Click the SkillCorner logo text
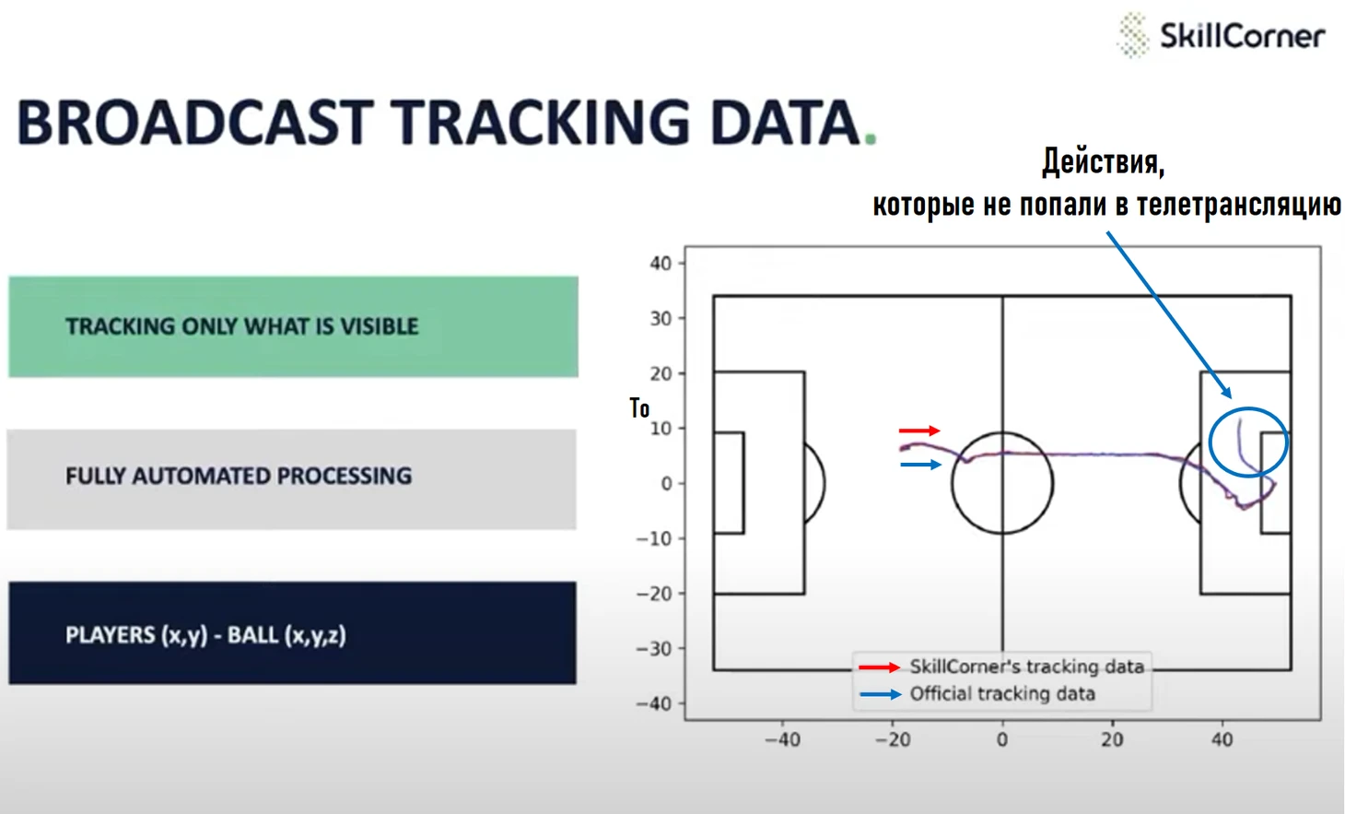click(1243, 36)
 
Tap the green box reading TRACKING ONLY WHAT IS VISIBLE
click(293, 327)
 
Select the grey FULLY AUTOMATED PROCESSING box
click(292, 479)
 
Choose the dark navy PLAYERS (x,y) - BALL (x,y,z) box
click(292, 632)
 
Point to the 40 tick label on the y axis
click(661, 263)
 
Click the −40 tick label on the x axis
click(782, 739)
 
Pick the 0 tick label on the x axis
click(1002, 739)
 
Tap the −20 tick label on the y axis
click(654, 594)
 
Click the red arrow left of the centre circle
click(919, 431)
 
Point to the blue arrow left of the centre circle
click(920, 465)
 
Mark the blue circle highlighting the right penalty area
click(1210, 442)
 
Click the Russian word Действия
click(1104, 162)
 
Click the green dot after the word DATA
click(871, 140)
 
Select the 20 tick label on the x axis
click(1112, 739)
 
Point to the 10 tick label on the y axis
click(661, 429)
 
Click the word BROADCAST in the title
click(194, 122)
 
